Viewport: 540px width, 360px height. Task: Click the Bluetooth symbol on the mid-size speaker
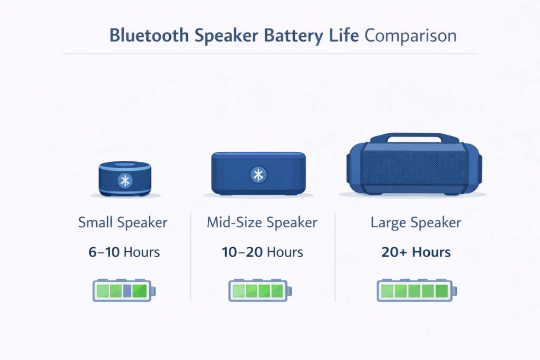pos(258,175)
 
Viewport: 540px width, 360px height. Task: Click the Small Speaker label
pos(123,222)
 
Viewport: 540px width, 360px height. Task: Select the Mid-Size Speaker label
pos(262,222)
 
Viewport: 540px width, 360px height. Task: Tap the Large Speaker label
pos(416,222)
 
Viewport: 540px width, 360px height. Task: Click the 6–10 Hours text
pos(124,252)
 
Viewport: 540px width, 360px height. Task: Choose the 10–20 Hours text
pos(262,252)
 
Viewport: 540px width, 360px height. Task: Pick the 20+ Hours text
pos(416,252)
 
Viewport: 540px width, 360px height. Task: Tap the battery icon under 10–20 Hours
pos(259,290)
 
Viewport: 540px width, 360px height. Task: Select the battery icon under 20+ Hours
pos(416,290)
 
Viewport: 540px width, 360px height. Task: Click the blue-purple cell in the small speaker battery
pos(127,290)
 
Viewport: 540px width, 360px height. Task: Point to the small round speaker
pos(125,178)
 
